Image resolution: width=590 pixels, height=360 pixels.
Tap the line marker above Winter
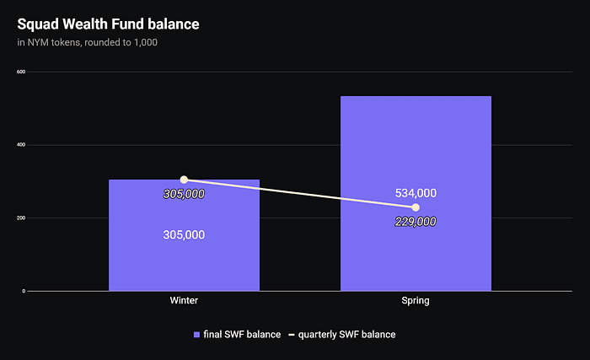tap(184, 180)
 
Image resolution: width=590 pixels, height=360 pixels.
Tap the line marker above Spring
tap(416, 207)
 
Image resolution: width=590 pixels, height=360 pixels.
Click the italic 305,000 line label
tap(184, 194)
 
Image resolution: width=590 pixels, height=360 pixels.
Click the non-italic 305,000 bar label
tap(184, 235)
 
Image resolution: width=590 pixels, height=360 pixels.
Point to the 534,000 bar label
tap(416, 193)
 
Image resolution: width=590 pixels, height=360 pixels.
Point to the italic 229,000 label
tap(416, 222)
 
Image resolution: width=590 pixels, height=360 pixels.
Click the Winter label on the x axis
tap(184, 301)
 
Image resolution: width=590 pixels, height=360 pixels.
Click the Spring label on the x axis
tap(416, 301)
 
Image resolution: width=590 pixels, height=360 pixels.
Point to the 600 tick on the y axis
tap(21, 72)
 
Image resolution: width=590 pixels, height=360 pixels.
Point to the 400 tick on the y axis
tap(21, 145)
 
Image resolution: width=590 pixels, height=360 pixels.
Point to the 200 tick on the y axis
tap(21, 218)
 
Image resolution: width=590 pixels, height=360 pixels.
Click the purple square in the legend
tap(197, 335)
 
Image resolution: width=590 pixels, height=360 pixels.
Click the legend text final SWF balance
tap(242, 335)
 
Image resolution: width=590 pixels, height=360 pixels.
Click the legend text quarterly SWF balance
tap(347, 335)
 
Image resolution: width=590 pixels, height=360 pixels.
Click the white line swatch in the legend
tap(292, 335)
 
